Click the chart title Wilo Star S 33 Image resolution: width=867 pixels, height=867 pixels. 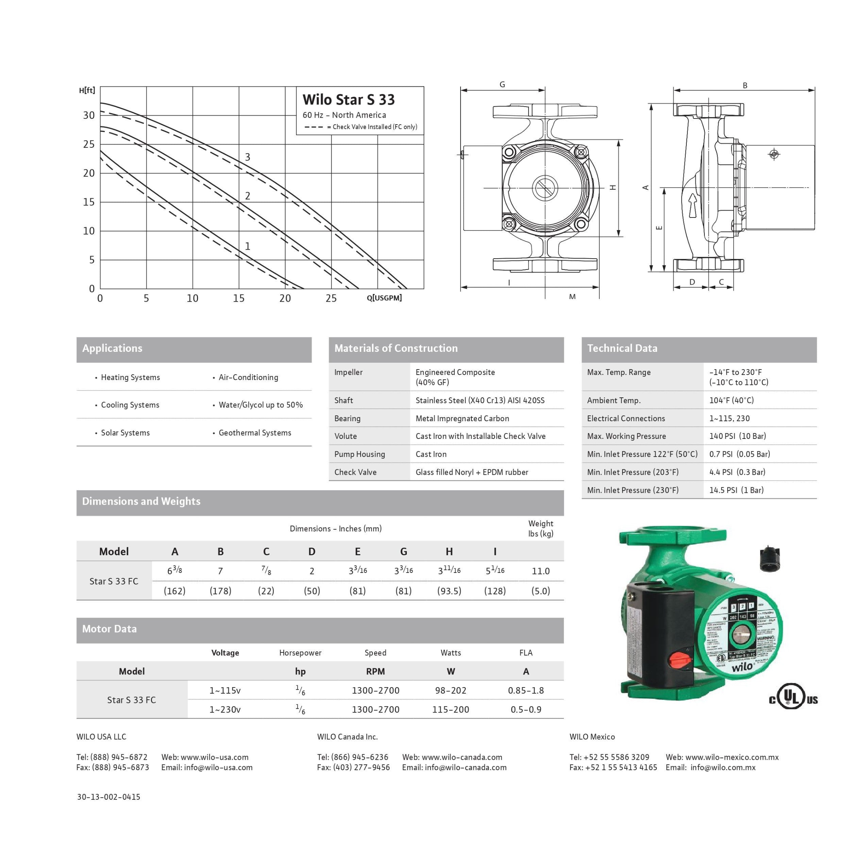click(348, 100)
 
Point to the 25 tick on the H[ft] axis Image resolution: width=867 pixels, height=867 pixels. click(89, 144)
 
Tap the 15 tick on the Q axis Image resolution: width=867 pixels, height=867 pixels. click(238, 298)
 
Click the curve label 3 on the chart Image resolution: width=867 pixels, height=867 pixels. click(247, 157)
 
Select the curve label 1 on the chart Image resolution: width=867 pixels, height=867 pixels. click(247, 246)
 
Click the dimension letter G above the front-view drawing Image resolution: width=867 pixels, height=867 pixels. click(502, 85)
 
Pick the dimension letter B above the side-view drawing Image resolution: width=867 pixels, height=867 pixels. click(745, 85)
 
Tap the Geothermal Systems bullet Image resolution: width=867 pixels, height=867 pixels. click(254, 433)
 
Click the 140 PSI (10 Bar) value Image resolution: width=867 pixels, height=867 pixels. click(737, 436)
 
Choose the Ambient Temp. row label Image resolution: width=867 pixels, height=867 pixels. click(613, 400)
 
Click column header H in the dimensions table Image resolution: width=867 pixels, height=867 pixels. click(449, 552)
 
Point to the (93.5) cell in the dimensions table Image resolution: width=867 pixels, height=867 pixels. click(449, 591)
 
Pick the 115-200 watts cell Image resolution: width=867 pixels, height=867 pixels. click(450, 709)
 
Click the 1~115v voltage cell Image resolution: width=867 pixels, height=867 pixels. click(225, 691)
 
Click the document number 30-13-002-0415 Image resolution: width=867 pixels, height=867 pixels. click(109, 797)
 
